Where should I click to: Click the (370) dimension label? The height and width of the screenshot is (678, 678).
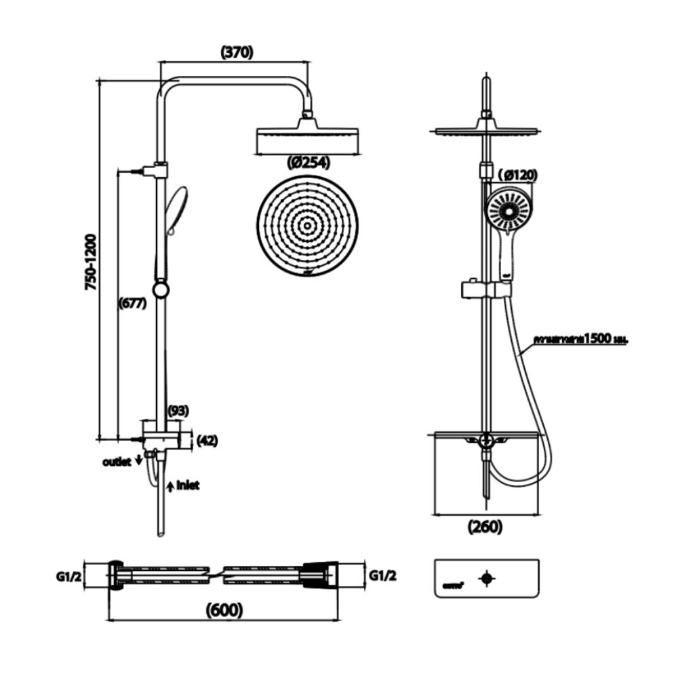point(237,52)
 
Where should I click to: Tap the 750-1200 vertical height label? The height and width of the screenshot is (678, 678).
point(90,263)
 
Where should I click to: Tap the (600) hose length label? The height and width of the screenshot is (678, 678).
point(223,610)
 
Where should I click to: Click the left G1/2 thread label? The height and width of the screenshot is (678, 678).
point(69,576)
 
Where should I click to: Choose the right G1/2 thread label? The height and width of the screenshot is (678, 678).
point(383,576)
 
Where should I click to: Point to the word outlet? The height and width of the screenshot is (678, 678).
point(116,462)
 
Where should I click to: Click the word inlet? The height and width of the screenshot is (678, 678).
point(188,485)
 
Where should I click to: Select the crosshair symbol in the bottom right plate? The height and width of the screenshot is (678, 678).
point(486,578)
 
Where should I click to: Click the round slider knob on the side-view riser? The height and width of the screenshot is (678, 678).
point(161,290)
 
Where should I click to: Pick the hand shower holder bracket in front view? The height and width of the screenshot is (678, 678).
point(485,290)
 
